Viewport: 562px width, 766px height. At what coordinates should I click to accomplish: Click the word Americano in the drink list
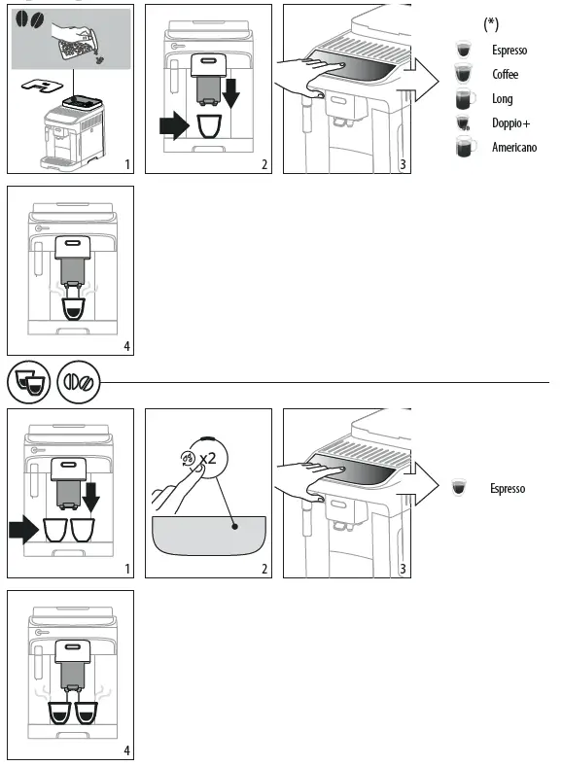tap(513, 148)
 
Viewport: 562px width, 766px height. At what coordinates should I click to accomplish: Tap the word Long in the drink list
tap(502, 99)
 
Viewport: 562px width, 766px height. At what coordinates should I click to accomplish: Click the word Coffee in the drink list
tap(505, 75)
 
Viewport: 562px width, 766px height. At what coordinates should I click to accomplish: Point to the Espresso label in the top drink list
tap(509, 51)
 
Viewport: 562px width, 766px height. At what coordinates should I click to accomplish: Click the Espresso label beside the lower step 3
tap(507, 488)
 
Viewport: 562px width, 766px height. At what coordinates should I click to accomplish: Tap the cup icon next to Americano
tap(465, 148)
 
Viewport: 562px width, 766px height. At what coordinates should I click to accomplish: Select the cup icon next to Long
tap(464, 99)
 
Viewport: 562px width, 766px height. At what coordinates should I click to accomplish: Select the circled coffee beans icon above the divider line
tap(78, 384)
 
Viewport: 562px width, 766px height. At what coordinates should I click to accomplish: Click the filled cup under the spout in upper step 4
tap(74, 308)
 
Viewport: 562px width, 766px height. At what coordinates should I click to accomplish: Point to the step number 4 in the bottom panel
tap(125, 751)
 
